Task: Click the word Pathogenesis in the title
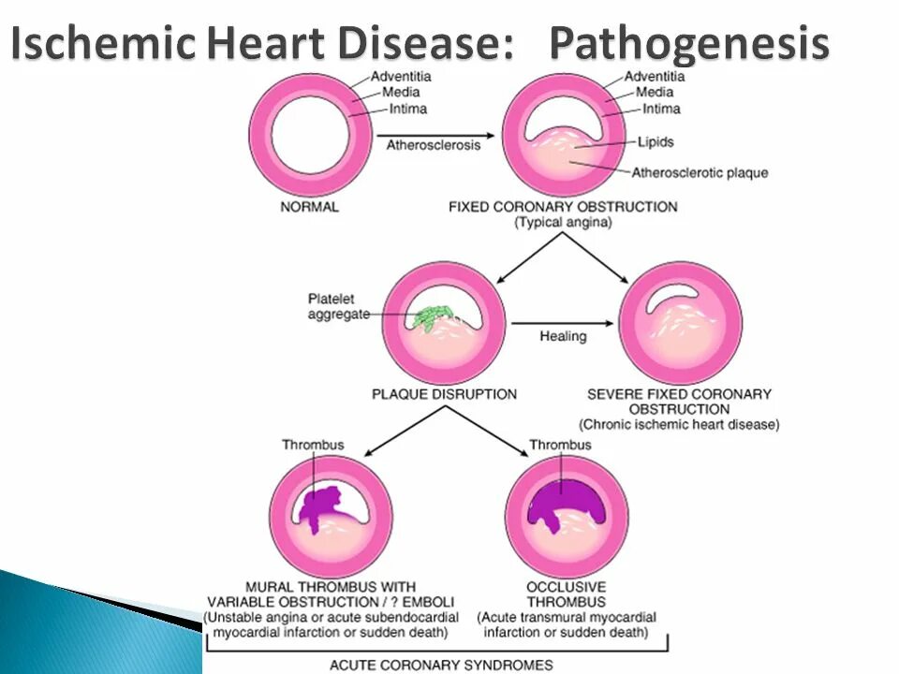688,44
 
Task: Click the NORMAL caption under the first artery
309,206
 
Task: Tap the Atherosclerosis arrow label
429,145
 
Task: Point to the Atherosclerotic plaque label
700,172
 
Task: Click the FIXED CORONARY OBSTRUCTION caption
562,206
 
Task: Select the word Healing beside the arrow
563,335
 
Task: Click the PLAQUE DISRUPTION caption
444,394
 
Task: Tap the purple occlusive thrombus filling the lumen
560,500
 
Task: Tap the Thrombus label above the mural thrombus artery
313,445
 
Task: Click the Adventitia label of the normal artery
401,77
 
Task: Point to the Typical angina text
562,223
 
